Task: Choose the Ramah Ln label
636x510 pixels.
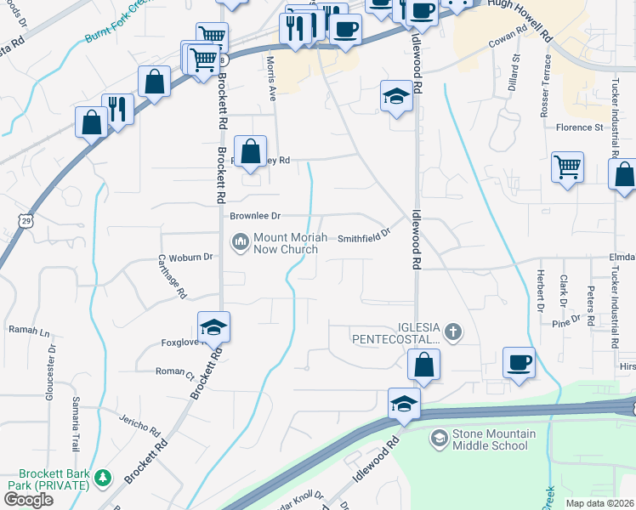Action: (x=29, y=329)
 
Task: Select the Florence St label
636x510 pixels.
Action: (x=579, y=127)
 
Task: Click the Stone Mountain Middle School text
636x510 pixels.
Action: (x=494, y=439)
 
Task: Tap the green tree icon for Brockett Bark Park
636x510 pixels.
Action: (x=102, y=477)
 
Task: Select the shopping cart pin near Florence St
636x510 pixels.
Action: (x=567, y=167)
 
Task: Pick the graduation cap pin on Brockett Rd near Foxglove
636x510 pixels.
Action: (x=214, y=326)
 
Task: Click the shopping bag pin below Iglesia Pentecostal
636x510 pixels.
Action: (x=423, y=365)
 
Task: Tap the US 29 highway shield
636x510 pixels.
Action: (x=27, y=221)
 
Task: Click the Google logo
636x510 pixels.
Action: (x=28, y=500)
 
